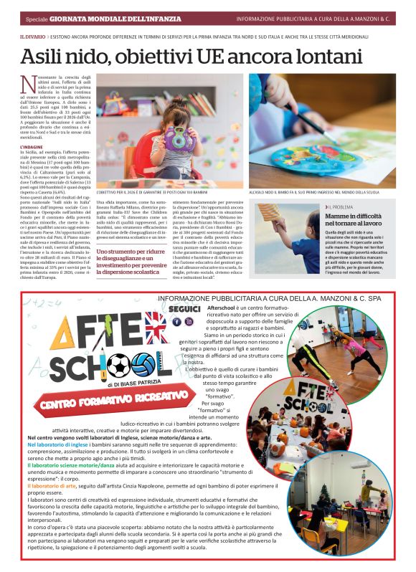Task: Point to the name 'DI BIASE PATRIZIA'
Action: (x=121, y=384)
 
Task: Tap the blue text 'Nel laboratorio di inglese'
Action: (x=60, y=444)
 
